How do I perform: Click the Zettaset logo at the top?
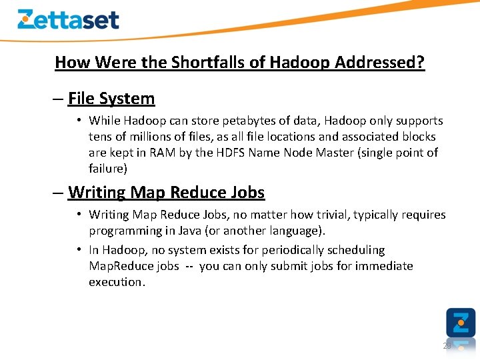[x=68, y=19]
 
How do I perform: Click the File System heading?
[x=111, y=99]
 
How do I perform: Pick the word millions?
[x=148, y=137]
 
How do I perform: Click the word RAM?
[x=163, y=153]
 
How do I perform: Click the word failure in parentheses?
[x=108, y=169]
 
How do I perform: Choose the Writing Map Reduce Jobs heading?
[x=166, y=193]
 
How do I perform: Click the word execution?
[x=117, y=282]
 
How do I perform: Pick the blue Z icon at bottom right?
[x=461, y=322]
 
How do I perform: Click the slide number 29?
[x=447, y=345]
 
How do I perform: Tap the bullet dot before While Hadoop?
[x=79, y=121]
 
